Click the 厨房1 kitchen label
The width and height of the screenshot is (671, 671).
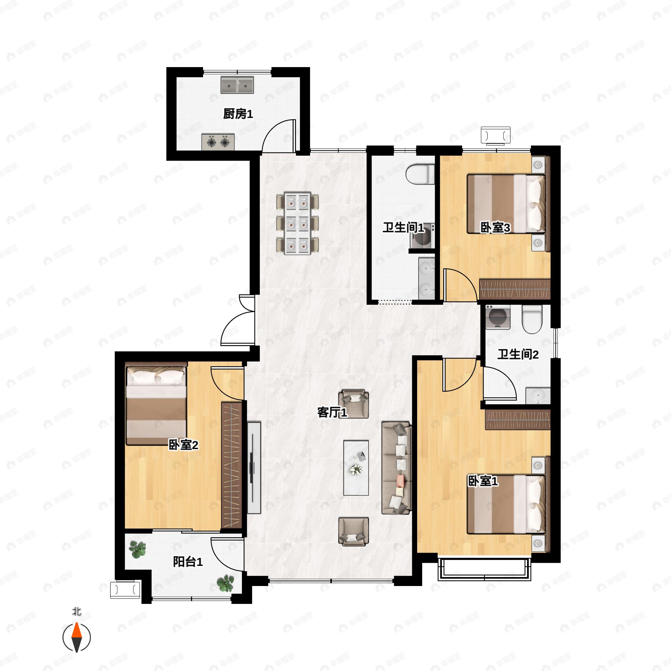click(238, 114)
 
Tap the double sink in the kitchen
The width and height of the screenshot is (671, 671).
click(237, 85)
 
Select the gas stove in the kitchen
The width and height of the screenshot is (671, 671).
click(218, 142)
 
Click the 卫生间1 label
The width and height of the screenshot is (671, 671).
click(403, 228)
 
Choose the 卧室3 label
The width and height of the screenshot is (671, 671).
click(495, 228)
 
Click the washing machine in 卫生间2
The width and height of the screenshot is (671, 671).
click(498, 317)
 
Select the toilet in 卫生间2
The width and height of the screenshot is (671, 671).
click(532, 319)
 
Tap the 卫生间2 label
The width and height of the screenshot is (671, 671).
click(518, 355)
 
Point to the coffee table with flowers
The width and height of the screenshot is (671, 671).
click(356, 468)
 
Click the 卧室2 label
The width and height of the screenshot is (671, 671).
click(183, 445)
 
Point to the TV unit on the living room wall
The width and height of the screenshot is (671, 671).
click(254, 468)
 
